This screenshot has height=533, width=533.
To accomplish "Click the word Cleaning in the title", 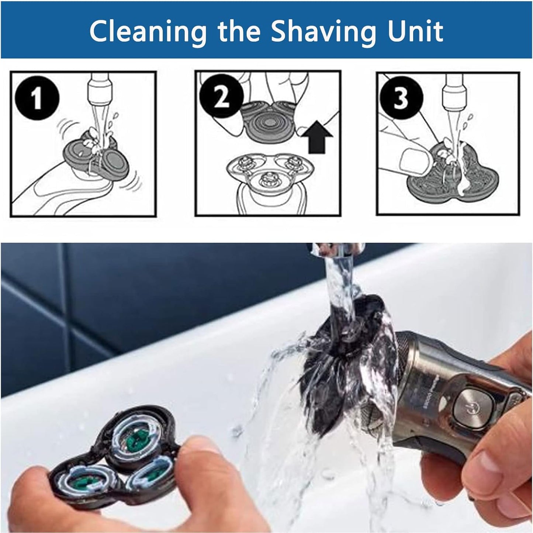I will (x=148, y=32).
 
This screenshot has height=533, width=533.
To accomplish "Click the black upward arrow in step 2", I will (x=317, y=138).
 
